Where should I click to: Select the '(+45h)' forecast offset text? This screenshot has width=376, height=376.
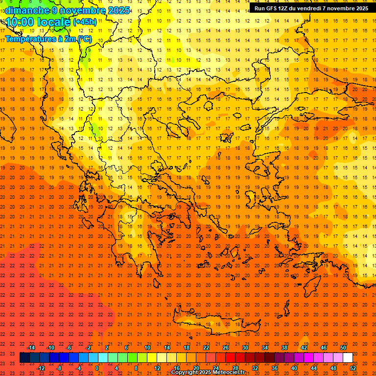(85, 22)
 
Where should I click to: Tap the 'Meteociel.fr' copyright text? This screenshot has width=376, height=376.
(229, 373)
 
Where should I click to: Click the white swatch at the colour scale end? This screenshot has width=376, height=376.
(348, 358)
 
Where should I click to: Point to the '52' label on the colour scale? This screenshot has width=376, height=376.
(353, 368)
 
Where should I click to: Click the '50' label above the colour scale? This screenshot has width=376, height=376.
(343, 348)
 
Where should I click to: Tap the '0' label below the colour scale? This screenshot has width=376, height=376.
(97, 368)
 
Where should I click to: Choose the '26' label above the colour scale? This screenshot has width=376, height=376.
(226, 348)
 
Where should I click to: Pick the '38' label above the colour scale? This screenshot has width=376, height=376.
(284, 348)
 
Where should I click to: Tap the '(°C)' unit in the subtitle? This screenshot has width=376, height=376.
(84, 39)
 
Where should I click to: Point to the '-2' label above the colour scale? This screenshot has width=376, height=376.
(89, 348)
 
